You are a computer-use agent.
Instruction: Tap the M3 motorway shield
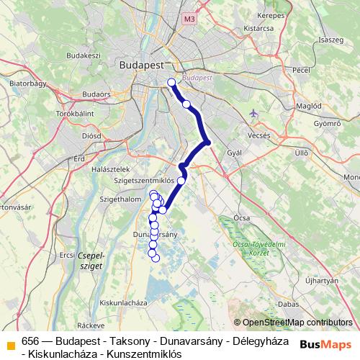tap(189, 19)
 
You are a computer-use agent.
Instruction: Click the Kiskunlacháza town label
tap(124, 302)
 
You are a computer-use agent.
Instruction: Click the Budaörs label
tap(96, 94)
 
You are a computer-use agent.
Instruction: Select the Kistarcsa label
tap(260, 28)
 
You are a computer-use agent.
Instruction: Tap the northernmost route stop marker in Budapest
tap(171, 82)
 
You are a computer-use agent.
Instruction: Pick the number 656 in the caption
tap(30, 341)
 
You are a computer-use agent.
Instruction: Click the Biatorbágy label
tap(27, 84)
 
